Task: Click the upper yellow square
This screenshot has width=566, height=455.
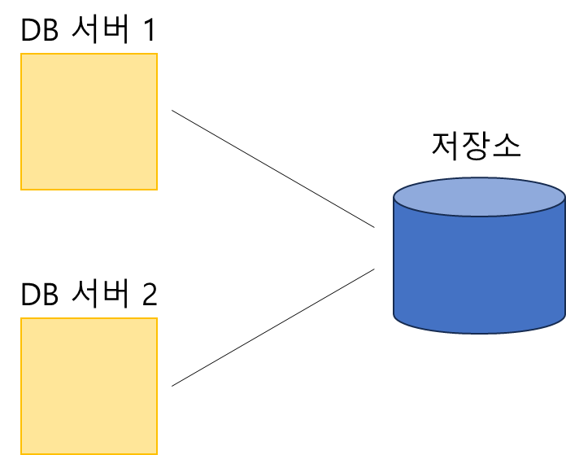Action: (x=89, y=121)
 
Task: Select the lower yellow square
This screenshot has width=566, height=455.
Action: (x=89, y=386)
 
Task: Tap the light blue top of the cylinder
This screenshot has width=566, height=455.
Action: (x=479, y=195)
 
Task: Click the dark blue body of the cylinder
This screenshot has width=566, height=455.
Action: (x=479, y=269)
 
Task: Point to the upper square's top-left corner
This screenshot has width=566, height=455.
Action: (x=21, y=55)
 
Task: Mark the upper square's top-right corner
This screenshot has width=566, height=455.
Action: (x=156, y=55)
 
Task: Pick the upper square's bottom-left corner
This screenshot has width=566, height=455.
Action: (x=21, y=189)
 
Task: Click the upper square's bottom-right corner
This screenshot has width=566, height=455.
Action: (x=156, y=189)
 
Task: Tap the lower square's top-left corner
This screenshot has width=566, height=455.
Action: (x=21, y=319)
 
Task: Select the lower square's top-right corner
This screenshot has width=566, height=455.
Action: (x=156, y=319)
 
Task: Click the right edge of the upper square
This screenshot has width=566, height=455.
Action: (x=156, y=121)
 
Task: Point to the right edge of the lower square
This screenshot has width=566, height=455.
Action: (x=156, y=386)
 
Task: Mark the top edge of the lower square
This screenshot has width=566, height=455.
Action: (x=89, y=319)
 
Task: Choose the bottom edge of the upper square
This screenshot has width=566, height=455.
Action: (x=89, y=189)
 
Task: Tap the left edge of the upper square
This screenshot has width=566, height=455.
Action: (x=21, y=121)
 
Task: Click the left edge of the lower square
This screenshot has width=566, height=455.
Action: (x=21, y=386)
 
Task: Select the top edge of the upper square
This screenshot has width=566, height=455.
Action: (x=89, y=55)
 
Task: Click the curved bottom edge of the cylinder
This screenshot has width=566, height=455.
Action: (x=479, y=332)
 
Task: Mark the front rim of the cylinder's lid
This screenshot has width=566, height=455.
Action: (x=479, y=216)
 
